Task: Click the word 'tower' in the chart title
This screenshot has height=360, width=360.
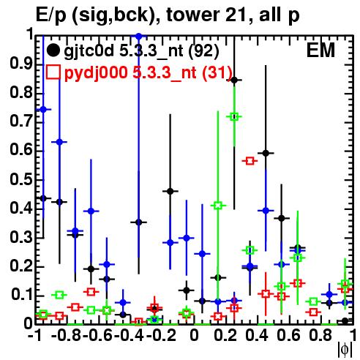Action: tap(192, 15)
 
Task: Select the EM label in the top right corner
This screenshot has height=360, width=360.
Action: tap(320, 50)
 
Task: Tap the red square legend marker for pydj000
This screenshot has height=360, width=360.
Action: tap(53, 72)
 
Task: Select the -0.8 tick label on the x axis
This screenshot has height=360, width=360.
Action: tap(67, 335)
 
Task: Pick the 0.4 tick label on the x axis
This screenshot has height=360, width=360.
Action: tap(257, 335)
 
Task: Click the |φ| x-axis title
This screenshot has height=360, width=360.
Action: tap(345, 350)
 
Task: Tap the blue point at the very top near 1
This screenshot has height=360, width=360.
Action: tap(139, 37)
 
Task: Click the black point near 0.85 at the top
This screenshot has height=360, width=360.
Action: tap(234, 80)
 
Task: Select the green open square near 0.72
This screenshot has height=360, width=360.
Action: tap(234, 117)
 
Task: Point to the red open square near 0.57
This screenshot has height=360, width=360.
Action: tap(250, 161)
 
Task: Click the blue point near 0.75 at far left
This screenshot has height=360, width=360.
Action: tap(43, 110)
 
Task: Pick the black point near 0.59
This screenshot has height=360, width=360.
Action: tap(266, 153)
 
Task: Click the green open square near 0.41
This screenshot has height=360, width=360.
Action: tap(218, 206)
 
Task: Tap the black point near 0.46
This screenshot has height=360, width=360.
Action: tap(170, 191)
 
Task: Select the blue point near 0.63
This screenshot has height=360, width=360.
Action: tap(59, 142)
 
